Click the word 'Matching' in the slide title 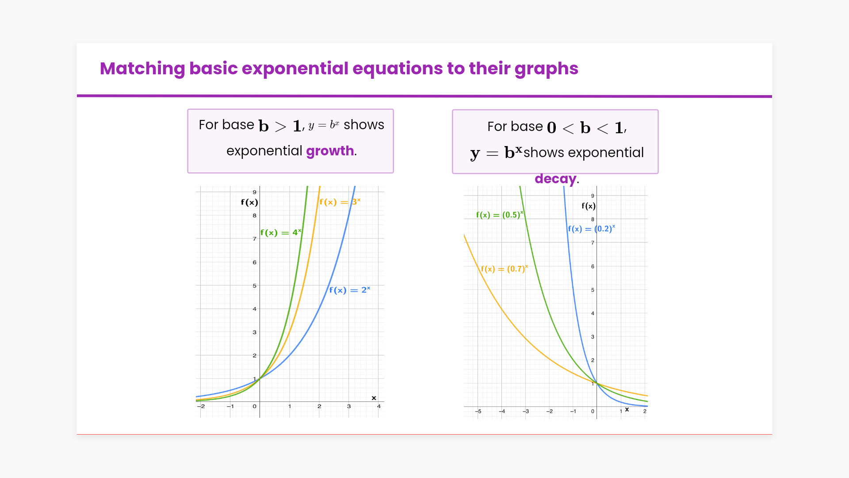pyautogui.click(x=142, y=69)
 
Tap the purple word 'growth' pyautogui.click(x=330, y=151)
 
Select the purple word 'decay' pyautogui.click(x=555, y=179)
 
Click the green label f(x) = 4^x pyautogui.click(x=281, y=233)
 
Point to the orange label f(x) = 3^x pyautogui.click(x=340, y=202)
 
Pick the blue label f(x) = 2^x pyautogui.click(x=350, y=290)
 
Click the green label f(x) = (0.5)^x pyautogui.click(x=500, y=215)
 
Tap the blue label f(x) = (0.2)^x pyautogui.click(x=592, y=229)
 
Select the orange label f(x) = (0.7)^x pyautogui.click(x=505, y=269)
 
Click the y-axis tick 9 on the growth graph pyautogui.click(x=255, y=192)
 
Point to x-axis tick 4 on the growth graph pyautogui.click(x=379, y=406)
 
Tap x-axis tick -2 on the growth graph pyautogui.click(x=201, y=406)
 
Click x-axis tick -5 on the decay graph pyautogui.click(x=478, y=411)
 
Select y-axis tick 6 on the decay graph pyautogui.click(x=593, y=266)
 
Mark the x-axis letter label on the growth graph pyautogui.click(x=374, y=398)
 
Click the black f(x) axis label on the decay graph pyautogui.click(x=589, y=206)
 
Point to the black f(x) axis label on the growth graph pyautogui.click(x=249, y=202)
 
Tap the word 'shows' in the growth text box pyautogui.click(x=364, y=125)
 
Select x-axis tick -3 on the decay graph pyautogui.click(x=526, y=411)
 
